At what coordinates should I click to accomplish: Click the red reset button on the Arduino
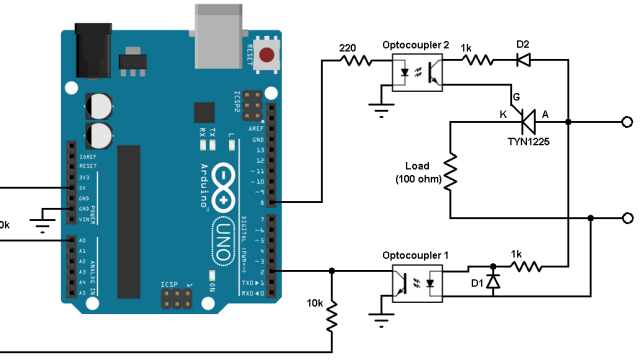[268, 56]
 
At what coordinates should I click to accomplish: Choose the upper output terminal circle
[628, 122]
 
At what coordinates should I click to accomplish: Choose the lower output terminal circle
[628, 218]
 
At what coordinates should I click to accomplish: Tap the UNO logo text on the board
[225, 240]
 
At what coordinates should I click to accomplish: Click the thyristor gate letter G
[516, 96]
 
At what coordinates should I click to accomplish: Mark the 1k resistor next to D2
[476, 60]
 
